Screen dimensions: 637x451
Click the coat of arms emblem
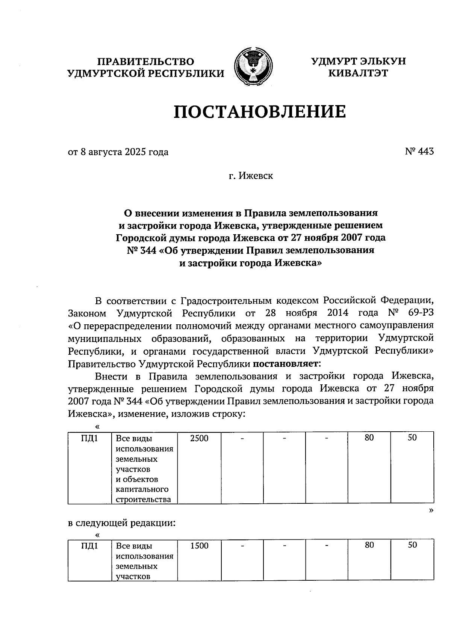tap(253, 66)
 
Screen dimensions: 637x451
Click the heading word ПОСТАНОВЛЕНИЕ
tap(260, 112)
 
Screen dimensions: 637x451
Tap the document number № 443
tap(419, 151)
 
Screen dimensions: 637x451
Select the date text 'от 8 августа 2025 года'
tap(118, 152)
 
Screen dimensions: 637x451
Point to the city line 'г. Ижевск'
tap(251, 176)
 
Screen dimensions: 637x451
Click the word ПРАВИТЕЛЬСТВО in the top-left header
tap(146, 62)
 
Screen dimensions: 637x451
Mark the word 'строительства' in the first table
tap(144, 500)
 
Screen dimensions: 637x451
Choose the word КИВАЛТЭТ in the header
tap(358, 73)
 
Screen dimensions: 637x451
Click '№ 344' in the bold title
tap(141, 250)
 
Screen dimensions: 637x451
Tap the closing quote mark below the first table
tap(431, 510)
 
